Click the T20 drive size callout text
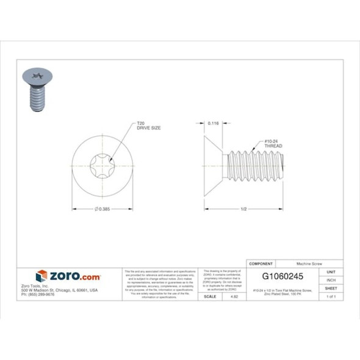[x=147, y=127]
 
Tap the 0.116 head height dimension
[x=213, y=123]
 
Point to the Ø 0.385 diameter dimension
[x=103, y=209]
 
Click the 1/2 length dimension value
[x=244, y=209]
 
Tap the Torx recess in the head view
[x=103, y=164]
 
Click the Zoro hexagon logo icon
[x=41, y=276]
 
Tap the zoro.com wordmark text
[x=74, y=276]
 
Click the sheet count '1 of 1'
[x=331, y=297]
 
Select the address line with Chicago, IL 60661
[x=68, y=290]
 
